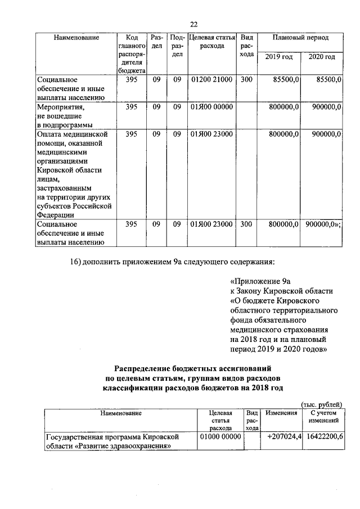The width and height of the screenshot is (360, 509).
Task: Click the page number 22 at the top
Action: [193, 24]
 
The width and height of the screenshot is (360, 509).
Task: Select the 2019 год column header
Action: [279, 57]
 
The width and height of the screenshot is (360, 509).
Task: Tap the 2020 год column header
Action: [323, 57]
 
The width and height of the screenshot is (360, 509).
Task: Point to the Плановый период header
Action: [300, 37]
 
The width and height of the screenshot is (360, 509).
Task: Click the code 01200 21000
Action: [211, 80]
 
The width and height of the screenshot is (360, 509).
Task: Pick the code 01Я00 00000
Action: [211, 106]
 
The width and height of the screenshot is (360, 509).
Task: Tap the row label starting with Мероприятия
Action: [60, 106]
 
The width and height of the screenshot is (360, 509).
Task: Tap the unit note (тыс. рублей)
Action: [322, 404]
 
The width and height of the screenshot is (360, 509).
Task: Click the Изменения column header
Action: [281, 413]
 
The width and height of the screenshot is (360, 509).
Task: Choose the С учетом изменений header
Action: [323, 417]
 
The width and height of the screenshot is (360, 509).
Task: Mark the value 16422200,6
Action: [323, 436]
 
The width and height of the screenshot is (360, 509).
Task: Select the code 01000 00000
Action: [220, 436]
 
